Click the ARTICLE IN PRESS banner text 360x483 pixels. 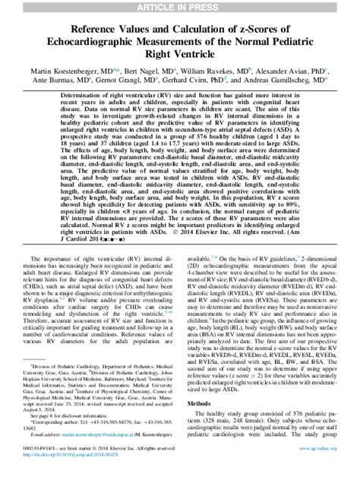(x=179, y=6)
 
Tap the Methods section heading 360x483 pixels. (x=199, y=402)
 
